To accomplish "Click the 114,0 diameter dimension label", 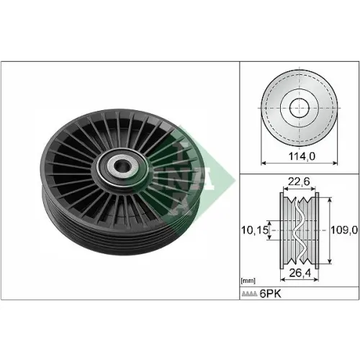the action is coord(302,156).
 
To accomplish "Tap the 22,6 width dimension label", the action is coord(299,181).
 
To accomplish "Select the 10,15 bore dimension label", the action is coord(254,230).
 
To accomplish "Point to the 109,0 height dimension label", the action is coord(344,230).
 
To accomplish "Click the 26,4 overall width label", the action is coord(300,273).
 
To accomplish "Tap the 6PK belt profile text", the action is coord(270,294).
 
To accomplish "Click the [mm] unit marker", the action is coord(248,281).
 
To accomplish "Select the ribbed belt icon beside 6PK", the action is coord(249,294).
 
